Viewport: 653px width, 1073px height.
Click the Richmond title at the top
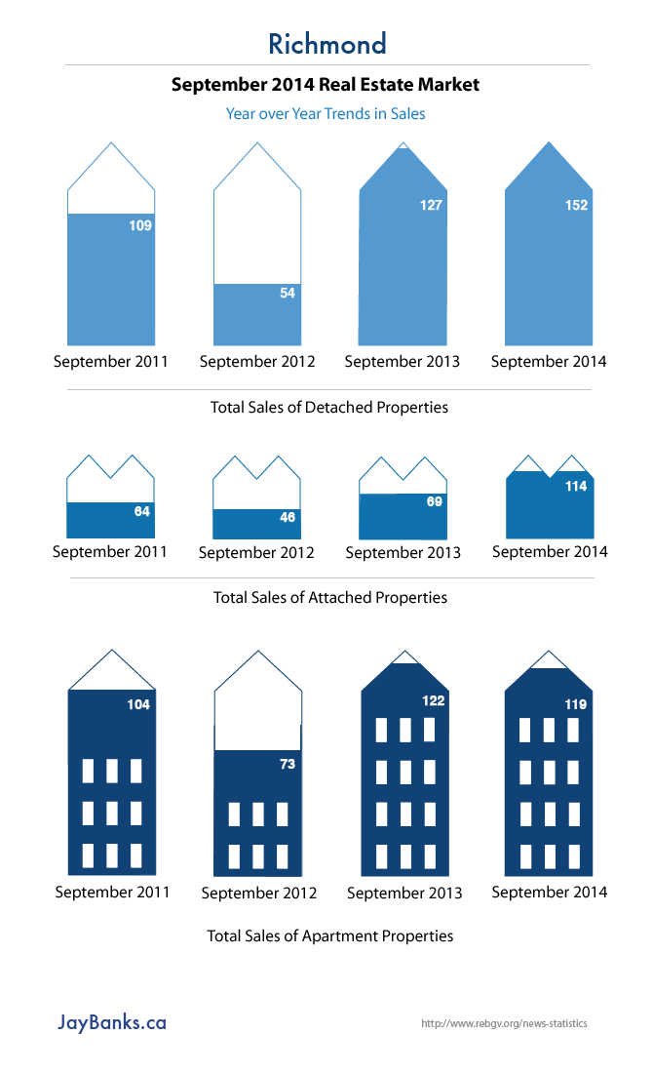pyautogui.click(x=326, y=44)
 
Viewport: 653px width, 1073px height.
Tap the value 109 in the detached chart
pyautogui.click(x=140, y=225)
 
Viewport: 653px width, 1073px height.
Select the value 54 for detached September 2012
pyautogui.click(x=288, y=293)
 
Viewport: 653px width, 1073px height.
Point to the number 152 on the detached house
pyautogui.click(x=576, y=205)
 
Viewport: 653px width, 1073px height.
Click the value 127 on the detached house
pyautogui.click(x=431, y=205)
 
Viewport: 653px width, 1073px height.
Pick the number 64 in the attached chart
pyautogui.click(x=142, y=511)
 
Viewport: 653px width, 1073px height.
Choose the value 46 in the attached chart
pyautogui.click(x=288, y=518)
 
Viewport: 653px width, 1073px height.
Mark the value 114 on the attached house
pyautogui.click(x=576, y=486)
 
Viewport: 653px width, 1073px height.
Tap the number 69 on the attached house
pyautogui.click(x=435, y=501)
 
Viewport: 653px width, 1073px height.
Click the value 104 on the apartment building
pyautogui.click(x=138, y=704)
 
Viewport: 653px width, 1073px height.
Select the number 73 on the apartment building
pyautogui.click(x=288, y=764)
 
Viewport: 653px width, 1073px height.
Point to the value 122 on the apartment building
pyautogui.click(x=432, y=699)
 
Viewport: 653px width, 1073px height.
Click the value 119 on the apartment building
pyautogui.click(x=576, y=704)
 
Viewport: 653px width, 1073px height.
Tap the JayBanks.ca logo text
pyautogui.click(x=112, y=1022)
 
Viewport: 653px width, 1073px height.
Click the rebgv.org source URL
pyautogui.click(x=504, y=1024)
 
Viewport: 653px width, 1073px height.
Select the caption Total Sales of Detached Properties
pyautogui.click(x=329, y=407)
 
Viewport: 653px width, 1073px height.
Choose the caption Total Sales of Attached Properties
pyautogui.click(x=330, y=597)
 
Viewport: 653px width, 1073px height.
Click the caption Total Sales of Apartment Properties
pyautogui.click(x=330, y=935)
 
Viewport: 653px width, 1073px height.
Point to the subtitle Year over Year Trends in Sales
pyautogui.click(x=326, y=113)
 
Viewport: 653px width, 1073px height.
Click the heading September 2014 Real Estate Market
pyautogui.click(x=326, y=85)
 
